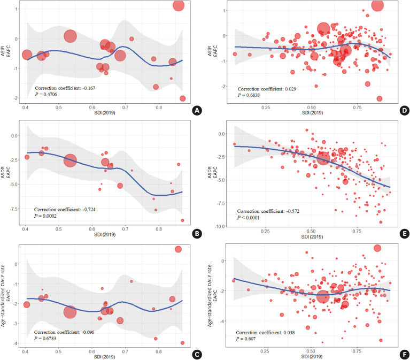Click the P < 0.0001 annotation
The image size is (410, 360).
[x=252, y=219]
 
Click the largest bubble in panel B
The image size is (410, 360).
[x=70, y=160]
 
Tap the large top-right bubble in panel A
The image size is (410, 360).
[x=179, y=5]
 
